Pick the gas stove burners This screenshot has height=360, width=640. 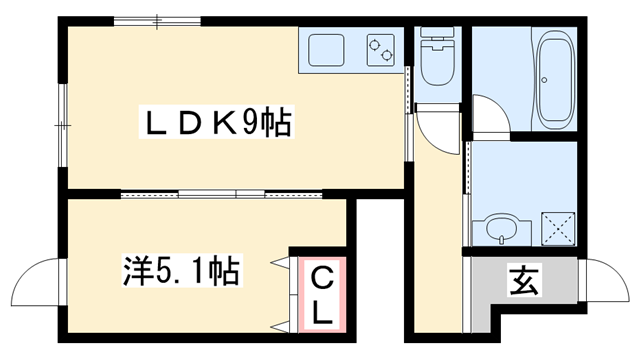380,47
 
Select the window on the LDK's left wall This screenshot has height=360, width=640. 62,121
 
